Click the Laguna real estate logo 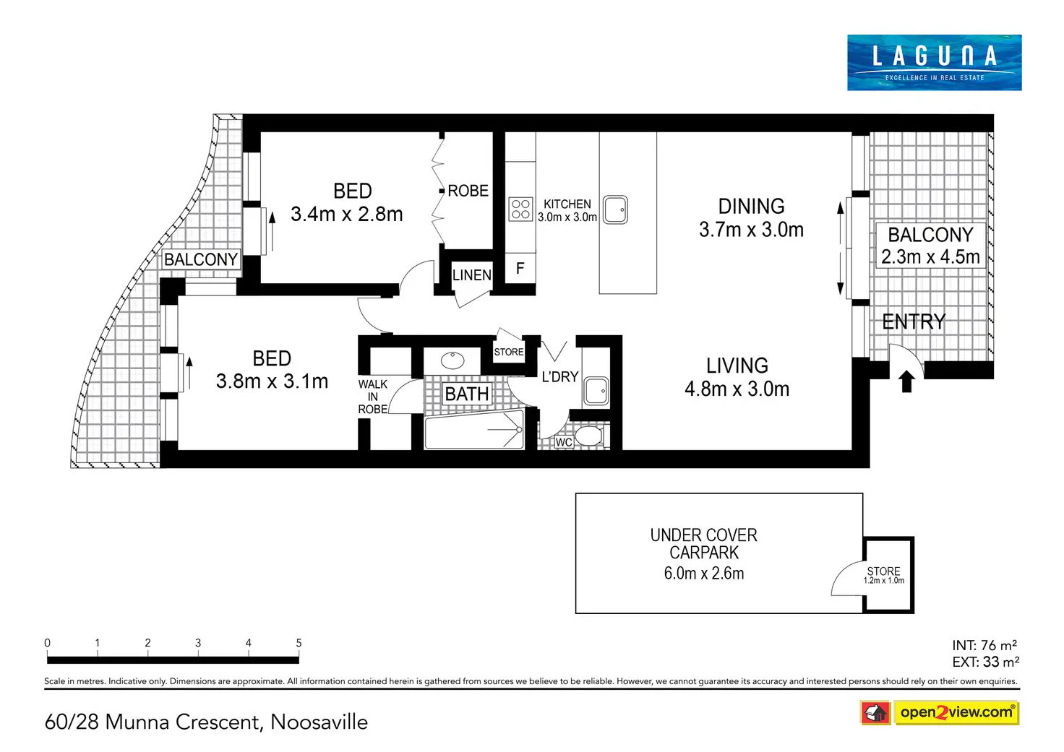tap(934, 62)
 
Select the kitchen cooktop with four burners tap(520, 209)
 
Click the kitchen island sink tap(615, 209)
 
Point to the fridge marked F tap(520, 268)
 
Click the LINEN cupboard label tap(472, 275)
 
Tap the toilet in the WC tap(589, 436)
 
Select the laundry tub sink tap(596, 391)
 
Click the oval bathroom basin tap(452, 360)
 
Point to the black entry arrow tap(906, 381)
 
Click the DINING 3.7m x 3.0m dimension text tap(751, 230)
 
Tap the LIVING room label tap(737, 366)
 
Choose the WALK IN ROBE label tap(373, 397)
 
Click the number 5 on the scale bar tap(299, 643)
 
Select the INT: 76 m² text tap(984, 645)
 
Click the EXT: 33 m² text tap(986, 661)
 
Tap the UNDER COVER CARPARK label tap(703, 544)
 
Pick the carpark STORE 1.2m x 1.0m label tap(883, 575)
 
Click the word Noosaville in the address tap(319, 722)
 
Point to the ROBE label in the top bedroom tap(468, 191)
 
